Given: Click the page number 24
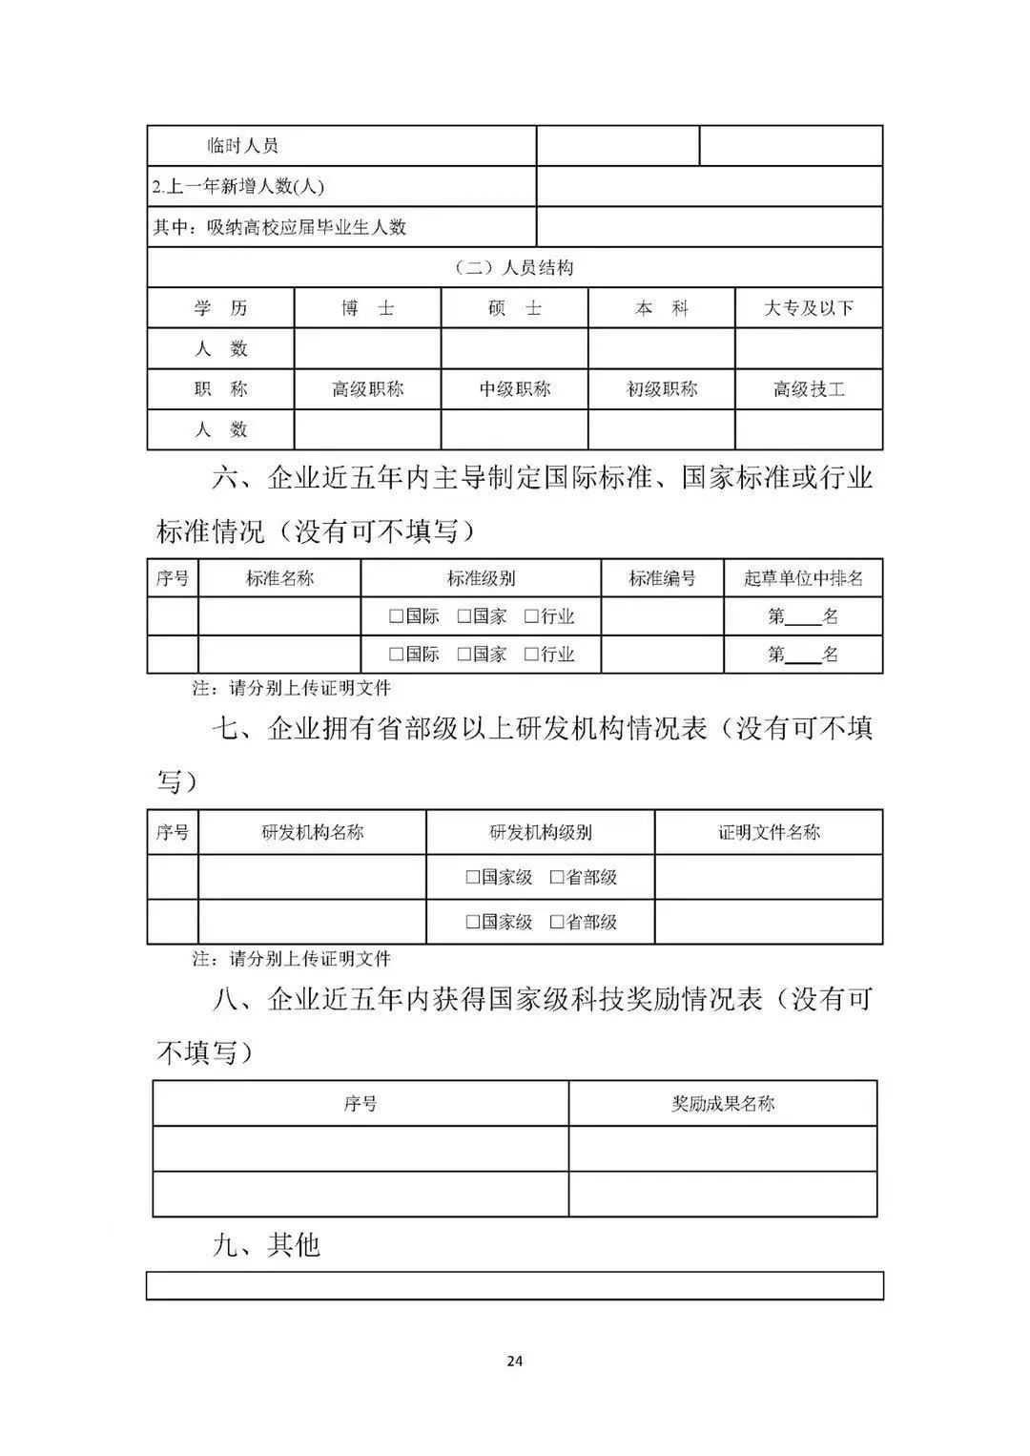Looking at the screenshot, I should point(514,1361).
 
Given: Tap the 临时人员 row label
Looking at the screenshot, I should point(243,146).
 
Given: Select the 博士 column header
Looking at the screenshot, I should point(367,308).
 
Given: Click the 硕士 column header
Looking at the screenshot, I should point(514,308).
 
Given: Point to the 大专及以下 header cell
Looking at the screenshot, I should point(808,308).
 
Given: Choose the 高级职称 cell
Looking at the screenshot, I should point(367,389).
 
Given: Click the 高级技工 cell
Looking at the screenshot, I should point(808,389).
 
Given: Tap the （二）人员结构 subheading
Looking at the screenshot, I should point(514,268).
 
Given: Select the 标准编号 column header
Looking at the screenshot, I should point(662,578).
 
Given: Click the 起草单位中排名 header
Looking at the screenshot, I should point(803,578).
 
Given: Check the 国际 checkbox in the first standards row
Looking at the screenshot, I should point(396,617).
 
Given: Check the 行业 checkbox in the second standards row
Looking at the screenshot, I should point(531,655).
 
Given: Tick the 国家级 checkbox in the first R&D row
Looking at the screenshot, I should point(472,878).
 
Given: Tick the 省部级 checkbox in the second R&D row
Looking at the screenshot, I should point(557,923).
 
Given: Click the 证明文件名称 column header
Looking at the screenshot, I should point(769,832).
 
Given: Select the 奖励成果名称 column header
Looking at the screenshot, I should point(723,1104).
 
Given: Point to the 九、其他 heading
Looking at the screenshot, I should point(266,1245).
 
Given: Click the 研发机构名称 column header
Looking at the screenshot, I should point(312,832).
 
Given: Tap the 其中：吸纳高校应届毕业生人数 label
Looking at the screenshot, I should point(279,227).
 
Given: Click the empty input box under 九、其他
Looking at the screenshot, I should point(514,1285).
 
